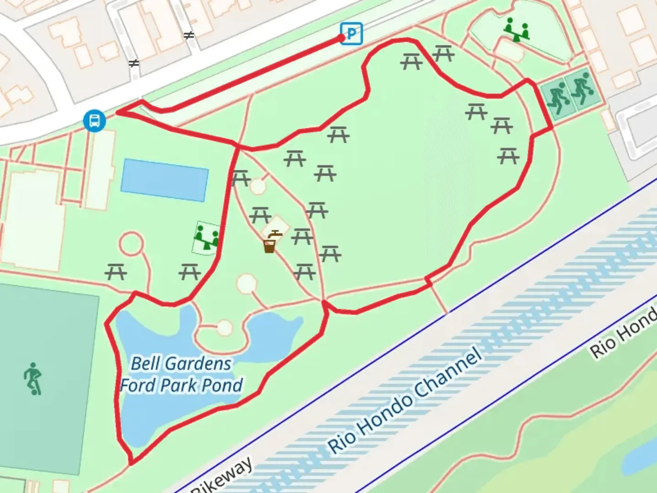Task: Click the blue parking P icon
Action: pyautogui.click(x=352, y=33)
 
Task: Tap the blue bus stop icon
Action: pyautogui.click(x=94, y=121)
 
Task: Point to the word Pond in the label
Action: pyautogui.click(x=222, y=386)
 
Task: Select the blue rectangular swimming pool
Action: pyautogui.click(x=164, y=180)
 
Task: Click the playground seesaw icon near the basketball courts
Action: pyautogui.click(x=516, y=30)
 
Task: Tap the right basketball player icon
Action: pyautogui.click(x=580, y=89)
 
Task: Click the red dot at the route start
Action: pyautogui.click(x=342, y=38)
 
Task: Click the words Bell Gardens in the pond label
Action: pyautogui.click(x=181, y=364)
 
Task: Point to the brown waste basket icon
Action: pyautogui.click(x=269, y=247)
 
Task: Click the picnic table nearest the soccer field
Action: pyautogui.click(x=116, y=273)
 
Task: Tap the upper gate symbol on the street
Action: pyautogui.click(x=188, y=35)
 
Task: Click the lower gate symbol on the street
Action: pyautogui.click(x=134, y=63)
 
